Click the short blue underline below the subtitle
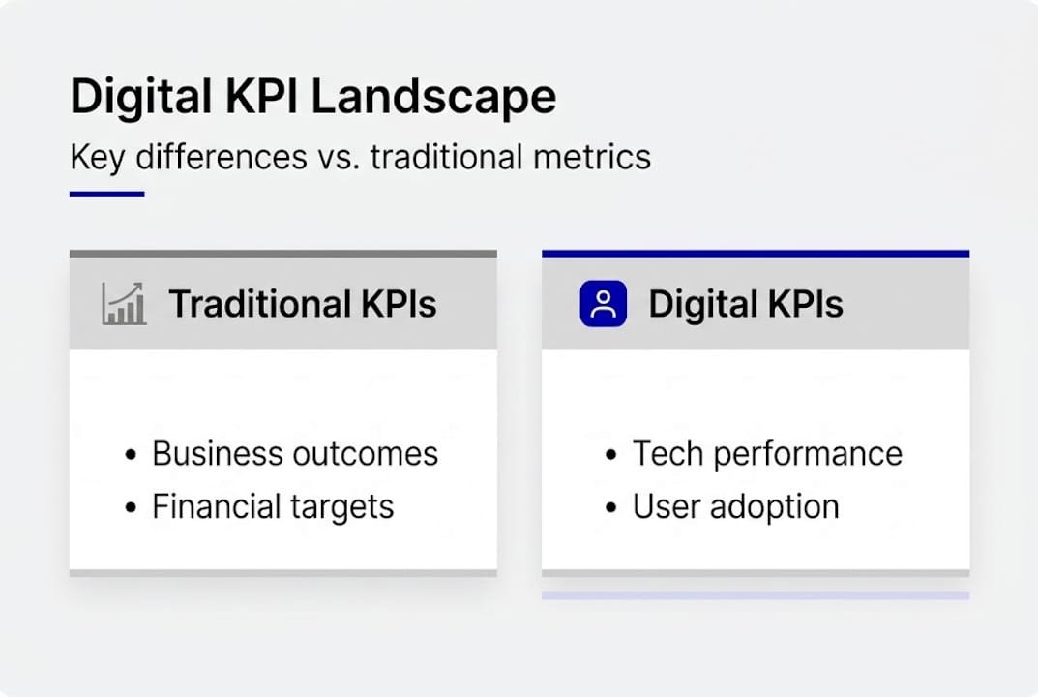click(106, 194)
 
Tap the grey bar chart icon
click(124, 304)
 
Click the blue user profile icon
click(604, 304)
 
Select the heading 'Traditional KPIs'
click(303, 304)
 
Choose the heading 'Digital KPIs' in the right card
click(745, 304)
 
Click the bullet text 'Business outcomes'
click(295, 453)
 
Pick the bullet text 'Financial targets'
click(273, 506)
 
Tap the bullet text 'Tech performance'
click(767, 453)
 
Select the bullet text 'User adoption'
click(735, 506)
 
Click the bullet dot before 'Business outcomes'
click(131, 455)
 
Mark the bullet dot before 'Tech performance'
click(610, 455)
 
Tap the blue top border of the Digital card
click(755, 254)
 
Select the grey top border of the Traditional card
click(282, 254)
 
